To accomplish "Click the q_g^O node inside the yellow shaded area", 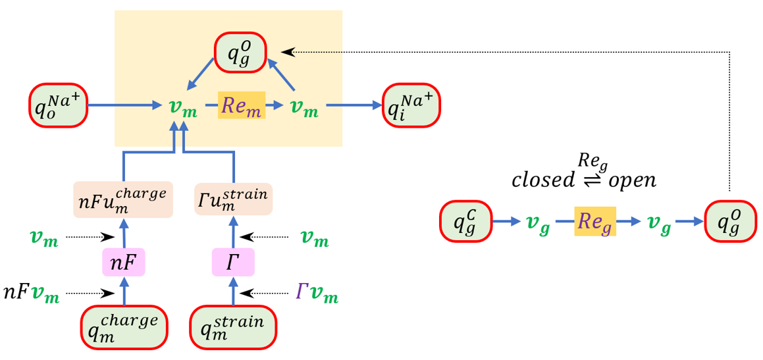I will pyautogui.click(x=240, y=51).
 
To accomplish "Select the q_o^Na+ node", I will pyautogui.click(x=57, y=105).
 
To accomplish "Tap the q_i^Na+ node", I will pyautogui.click(x=411, y=105).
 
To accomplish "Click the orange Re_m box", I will pyautogui.click(x=242, y=105).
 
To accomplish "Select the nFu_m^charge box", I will pyautogui.click(x=123, y=199).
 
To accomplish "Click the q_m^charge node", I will pyautogui.click(x=123, y=327).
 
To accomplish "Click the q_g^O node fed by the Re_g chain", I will pyautogui.click(x=731, y=222).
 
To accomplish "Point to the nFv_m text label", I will pyautogui.click(x=31, y=294).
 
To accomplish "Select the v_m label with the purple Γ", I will pyautogui.click(x=317, y=294).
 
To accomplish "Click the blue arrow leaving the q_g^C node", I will pyautogui.click(x=507, y=222).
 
